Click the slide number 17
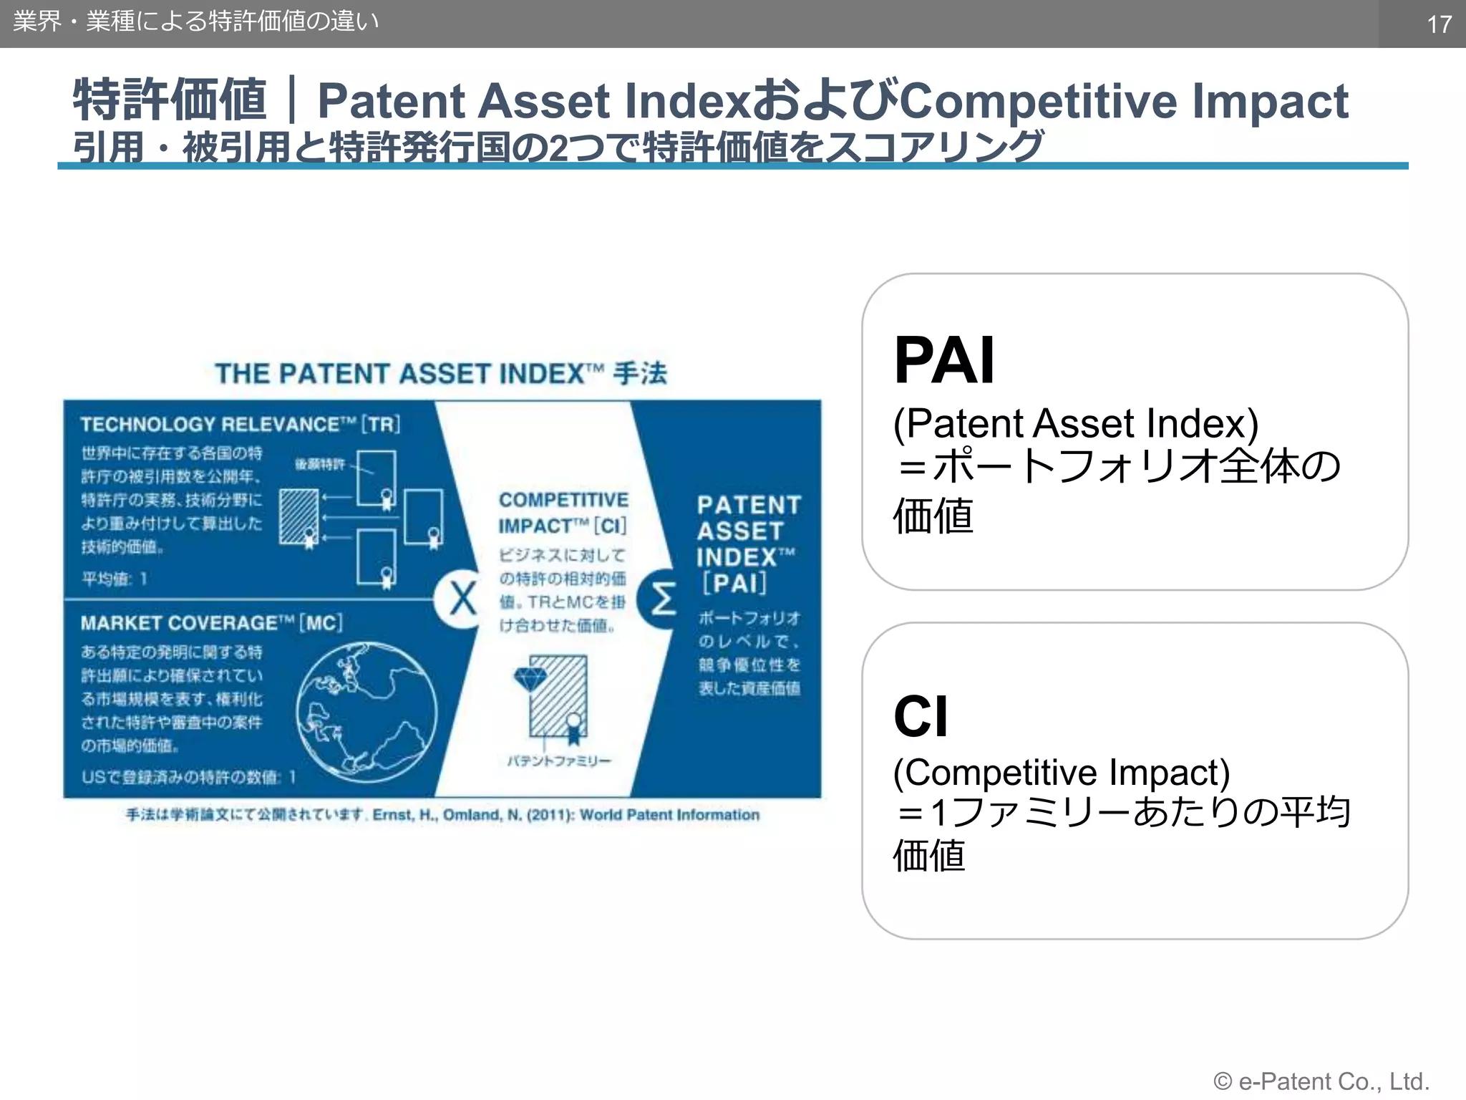tap(1439, 24)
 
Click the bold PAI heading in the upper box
tap(943, 360)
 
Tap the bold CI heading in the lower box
tap(921, 716)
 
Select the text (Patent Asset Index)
tap(1075, 423)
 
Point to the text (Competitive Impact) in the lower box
tap(1061, 772)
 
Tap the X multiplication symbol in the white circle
tap(462, 599)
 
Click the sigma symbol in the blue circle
tap(662, 599)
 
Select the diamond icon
tap(530, 677)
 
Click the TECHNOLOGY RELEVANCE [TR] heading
tap(240, 425)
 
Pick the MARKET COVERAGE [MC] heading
tap(211, 623)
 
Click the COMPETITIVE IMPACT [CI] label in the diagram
tap(563, 513)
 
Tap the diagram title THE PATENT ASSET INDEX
tap(441, 374)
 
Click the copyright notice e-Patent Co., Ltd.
tap(1321, 1081)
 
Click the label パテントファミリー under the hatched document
tap(559, 761)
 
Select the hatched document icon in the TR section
tap(298, 516)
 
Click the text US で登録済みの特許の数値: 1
tap(189, 777)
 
